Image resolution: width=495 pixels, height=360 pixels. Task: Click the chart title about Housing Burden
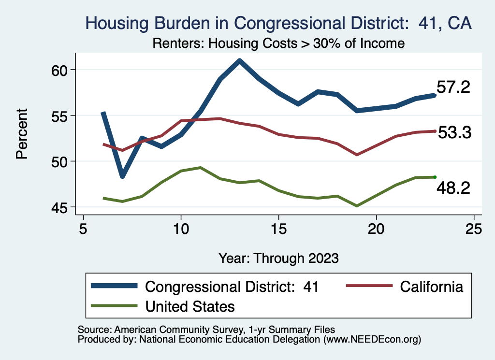pos(278,23)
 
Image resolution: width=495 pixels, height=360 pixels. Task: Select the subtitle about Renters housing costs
pos(278,43)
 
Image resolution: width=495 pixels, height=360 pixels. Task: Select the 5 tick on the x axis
pos(83,228)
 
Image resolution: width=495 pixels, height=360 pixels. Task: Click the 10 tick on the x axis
pos(181,228)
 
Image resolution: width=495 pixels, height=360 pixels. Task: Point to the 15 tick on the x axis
pos(278,228)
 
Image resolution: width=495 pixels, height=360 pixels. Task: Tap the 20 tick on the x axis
pos(376,228)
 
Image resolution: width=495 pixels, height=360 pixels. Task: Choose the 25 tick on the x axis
pos(474,228)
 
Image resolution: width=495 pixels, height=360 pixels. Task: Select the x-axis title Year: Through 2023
pos(278,258)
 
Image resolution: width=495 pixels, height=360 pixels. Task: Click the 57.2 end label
pos(453,87)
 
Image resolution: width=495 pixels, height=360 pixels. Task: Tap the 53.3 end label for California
pos(454,133)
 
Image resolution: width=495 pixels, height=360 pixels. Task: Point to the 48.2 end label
pos(453,188)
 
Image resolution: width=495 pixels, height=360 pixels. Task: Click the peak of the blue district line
pos(239,61)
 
